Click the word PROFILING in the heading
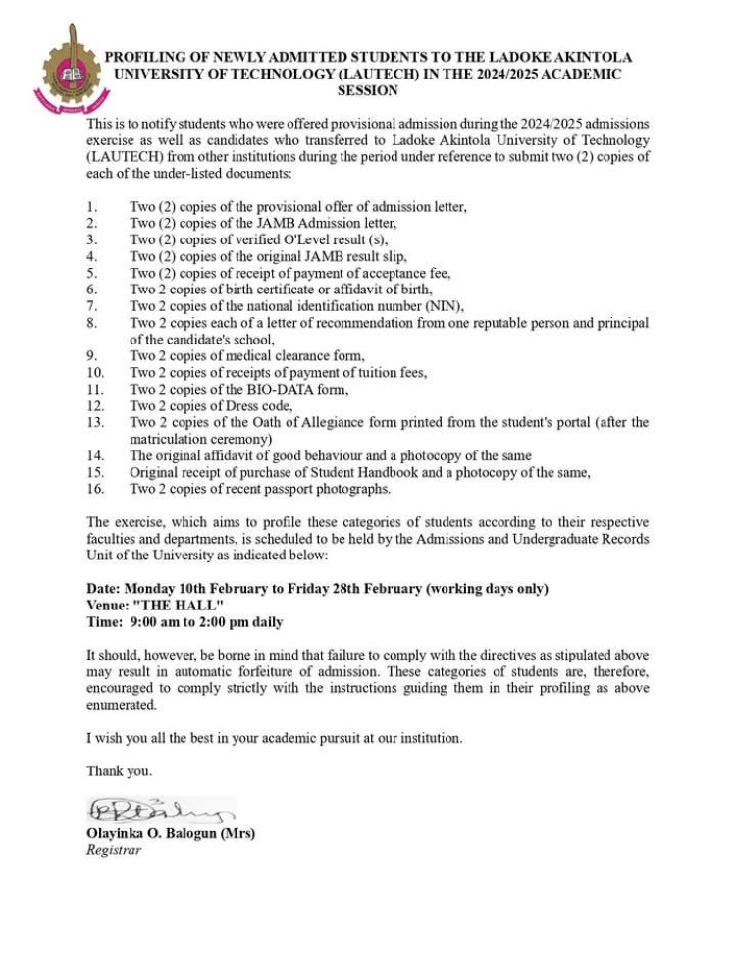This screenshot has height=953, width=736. pyautogui.click(x=148, y=57)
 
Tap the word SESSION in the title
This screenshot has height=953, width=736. pyautogui.click(x=368, y=90)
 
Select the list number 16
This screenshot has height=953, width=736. pyautogui.click(x=95, y=490)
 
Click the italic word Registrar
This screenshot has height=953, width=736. pyautogui.click(x=114, y=850)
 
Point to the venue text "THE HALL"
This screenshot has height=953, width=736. pyautogui.click(x=178, y=605)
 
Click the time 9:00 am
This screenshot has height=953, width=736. pyautogui.click(x=156, y=621)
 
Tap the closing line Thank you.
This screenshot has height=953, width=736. pyautogui.click(x=119, y=771)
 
